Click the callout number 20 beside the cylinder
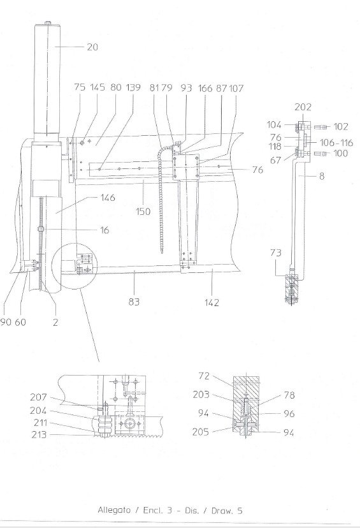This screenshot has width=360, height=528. [92, 47]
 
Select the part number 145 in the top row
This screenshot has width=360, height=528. [97, 87]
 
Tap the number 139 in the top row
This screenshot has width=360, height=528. [133, 87]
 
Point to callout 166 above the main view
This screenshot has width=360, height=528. [205, 88]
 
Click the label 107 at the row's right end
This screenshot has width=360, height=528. [236, 88]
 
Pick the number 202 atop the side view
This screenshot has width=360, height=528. [303, 107]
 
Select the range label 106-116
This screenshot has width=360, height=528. [336, 143]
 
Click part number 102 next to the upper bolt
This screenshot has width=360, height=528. [340, 127]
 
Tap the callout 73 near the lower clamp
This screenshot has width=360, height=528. [275, 253]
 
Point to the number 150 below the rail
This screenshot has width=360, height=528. [143, 212]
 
